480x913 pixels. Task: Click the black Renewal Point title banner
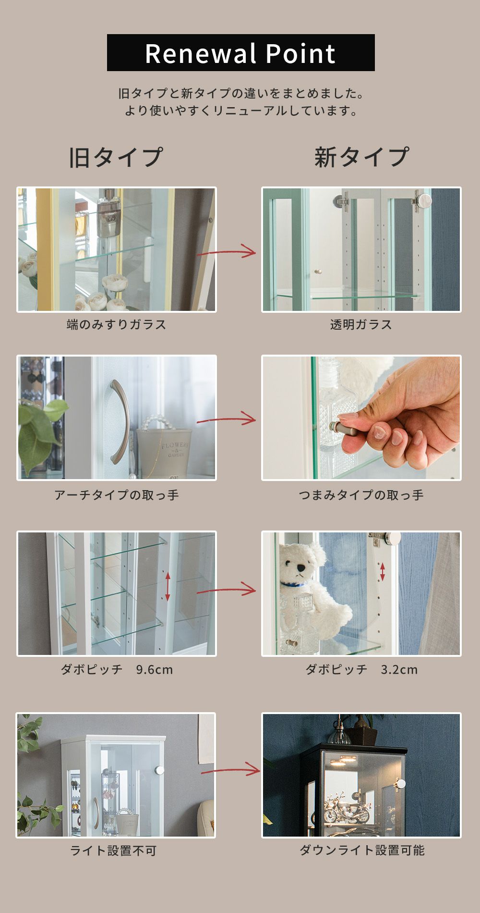coord(240,52)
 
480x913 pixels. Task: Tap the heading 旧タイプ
coord(116,157)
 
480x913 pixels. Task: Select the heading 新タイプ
coord(361,157)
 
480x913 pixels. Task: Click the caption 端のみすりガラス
coord(117,324)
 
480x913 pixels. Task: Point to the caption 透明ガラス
coord(361,324)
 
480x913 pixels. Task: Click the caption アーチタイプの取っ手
coord(117,495)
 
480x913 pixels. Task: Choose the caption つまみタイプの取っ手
coord(361,495)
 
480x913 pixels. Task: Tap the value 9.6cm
coord(154,669)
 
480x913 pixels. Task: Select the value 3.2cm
coord(399,669)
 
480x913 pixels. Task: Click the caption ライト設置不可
coord(113,851)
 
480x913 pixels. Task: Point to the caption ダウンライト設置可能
coord(362,850)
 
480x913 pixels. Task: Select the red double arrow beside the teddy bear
coord(383,571)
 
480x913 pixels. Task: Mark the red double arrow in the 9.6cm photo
coord(168,586)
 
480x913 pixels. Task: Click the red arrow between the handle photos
coord(226,419)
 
